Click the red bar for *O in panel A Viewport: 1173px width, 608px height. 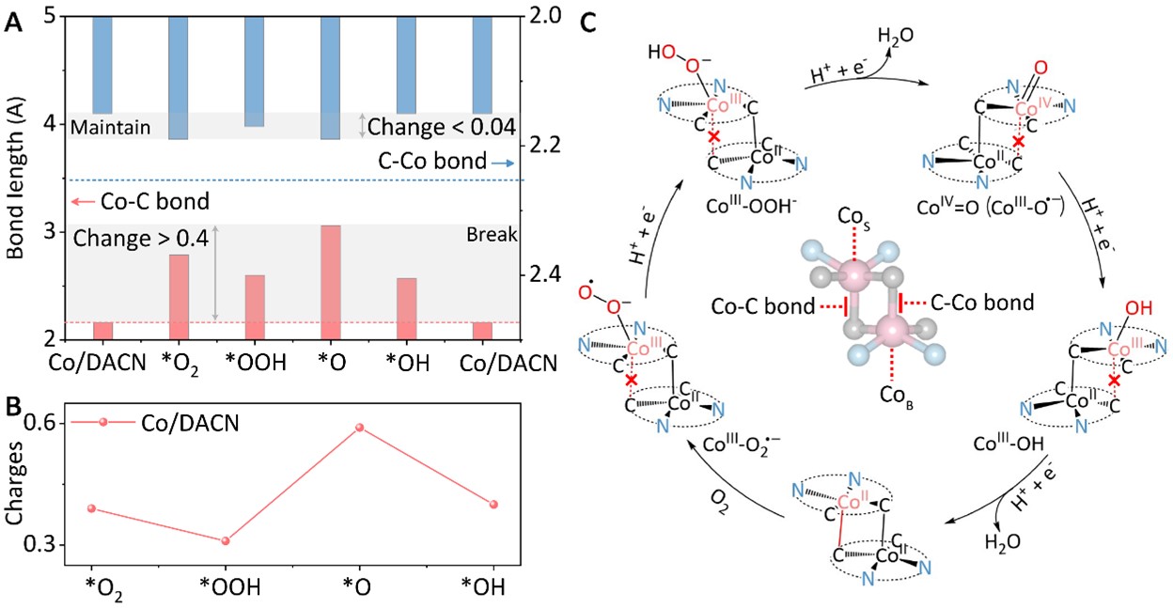click(x=330, y=282)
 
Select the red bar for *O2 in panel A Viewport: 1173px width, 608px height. click(x=179, y=296)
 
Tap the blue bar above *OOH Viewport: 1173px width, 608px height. click(x=254, y=71)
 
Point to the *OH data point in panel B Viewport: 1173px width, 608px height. click(x=493, y=505)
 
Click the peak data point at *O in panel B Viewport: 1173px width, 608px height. click(x=359, y=428)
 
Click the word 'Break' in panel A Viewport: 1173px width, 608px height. click(x=486, y=236)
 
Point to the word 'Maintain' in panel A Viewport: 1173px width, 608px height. click(x=110, y=126)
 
